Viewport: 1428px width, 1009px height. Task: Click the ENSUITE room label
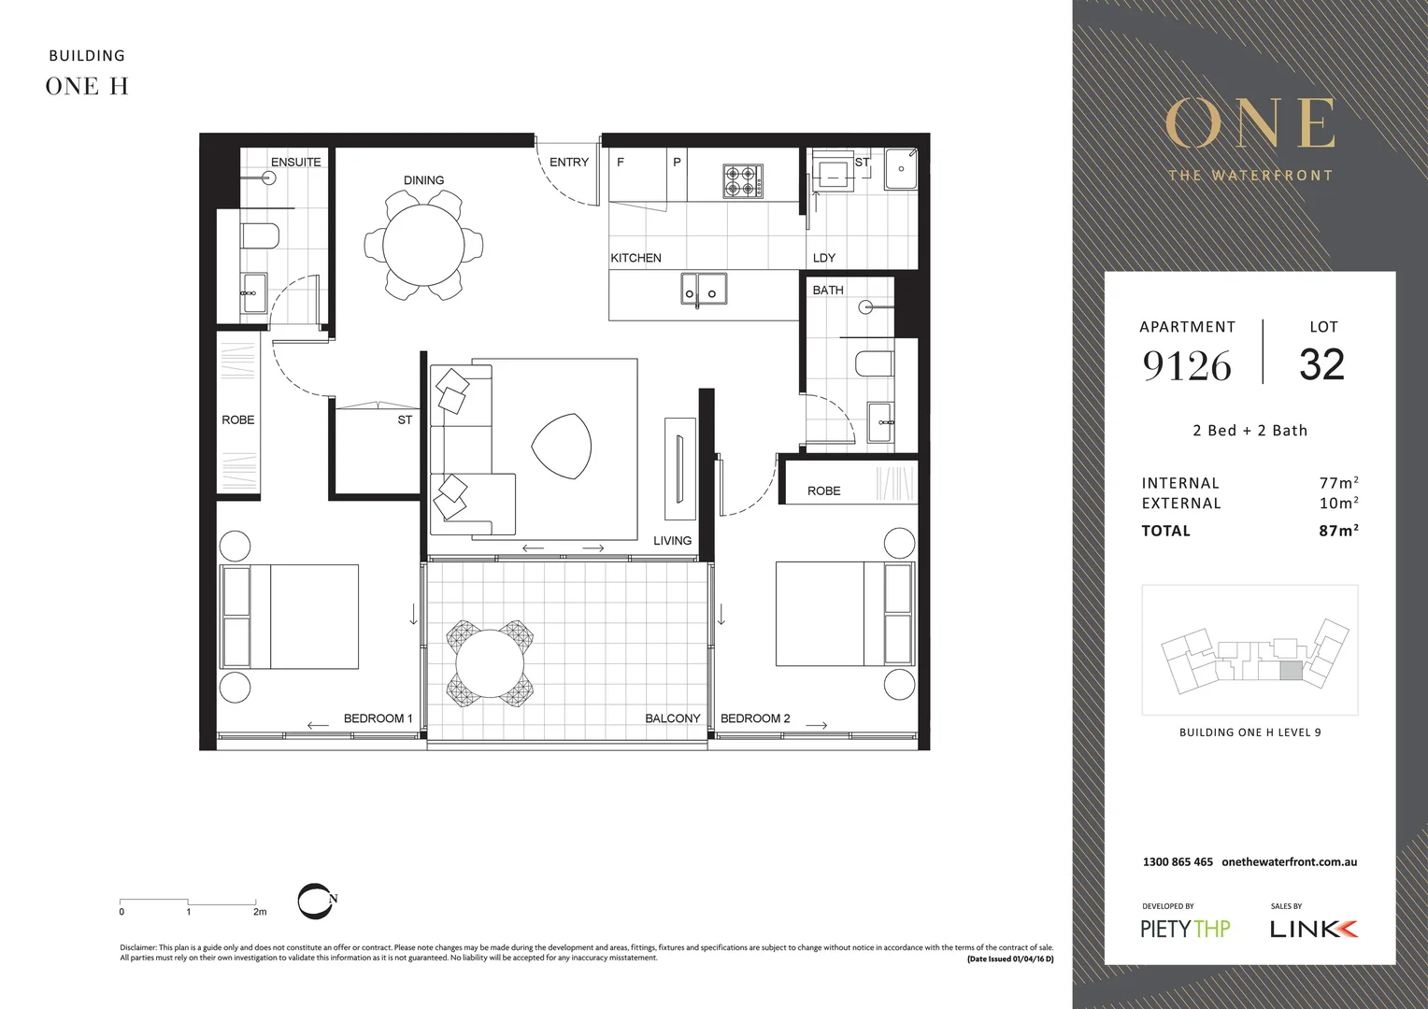(x=295, y=162)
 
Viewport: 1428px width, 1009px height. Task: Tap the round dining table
(x=423, y=246)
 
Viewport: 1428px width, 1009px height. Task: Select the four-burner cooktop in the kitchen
(x=743, y=180)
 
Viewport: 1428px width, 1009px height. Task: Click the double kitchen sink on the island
(x=703, y=291)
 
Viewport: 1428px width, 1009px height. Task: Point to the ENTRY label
(x=568, y=162)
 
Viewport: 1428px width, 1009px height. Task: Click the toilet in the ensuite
(x=260, y=235)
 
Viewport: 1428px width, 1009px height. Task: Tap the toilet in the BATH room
(x=874, y=363)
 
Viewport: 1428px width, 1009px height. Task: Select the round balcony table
(x=490, y=662)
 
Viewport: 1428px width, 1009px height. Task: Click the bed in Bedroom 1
(x=290, y=617)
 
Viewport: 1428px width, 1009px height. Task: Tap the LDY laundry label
(x=823, y=258)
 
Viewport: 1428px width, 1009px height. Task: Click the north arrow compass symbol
(x=316, y=901)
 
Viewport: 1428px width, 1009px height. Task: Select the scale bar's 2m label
(x=260, y=912)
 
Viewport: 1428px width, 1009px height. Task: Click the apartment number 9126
(x=1187, y=365)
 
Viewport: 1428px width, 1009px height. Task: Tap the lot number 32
(x=1321, y=364)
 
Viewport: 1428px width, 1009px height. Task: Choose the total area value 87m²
(x=1338, y=531)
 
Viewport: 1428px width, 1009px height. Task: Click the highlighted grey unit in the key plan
(x=1290, y=670)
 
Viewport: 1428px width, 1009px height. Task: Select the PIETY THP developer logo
(x=1185, y=929)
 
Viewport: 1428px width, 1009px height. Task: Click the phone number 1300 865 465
(x=1178, y=861)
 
